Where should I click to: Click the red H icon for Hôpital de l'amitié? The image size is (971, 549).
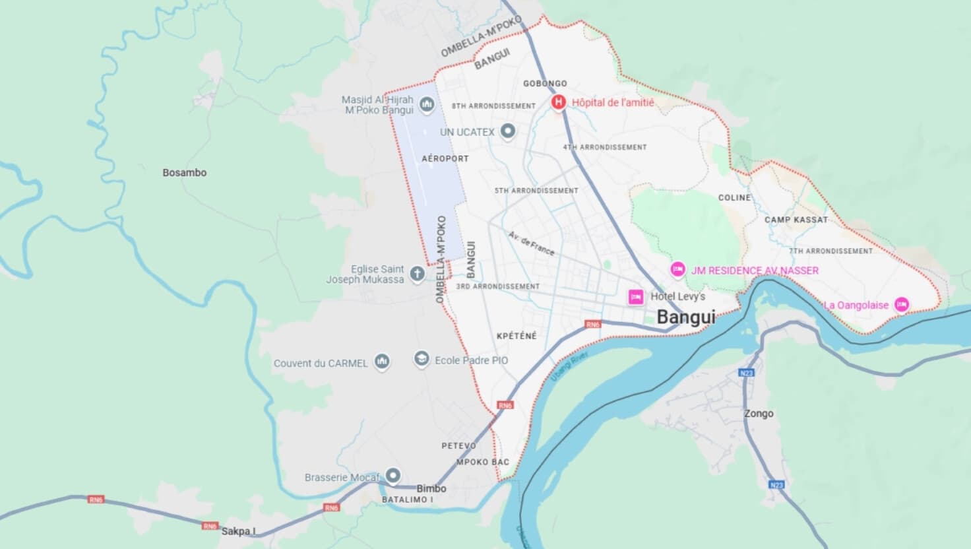[559, 103]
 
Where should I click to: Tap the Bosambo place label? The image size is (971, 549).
[185, 173]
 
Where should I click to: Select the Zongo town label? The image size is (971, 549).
[759, 414]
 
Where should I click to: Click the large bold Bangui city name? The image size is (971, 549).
[686, 317]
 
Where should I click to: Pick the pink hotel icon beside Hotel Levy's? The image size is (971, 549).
[636, 297]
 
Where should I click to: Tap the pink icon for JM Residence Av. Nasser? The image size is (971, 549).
[677, 270]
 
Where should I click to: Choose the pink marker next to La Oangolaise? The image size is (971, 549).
[902, 305]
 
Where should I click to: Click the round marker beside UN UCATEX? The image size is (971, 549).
[507, 132]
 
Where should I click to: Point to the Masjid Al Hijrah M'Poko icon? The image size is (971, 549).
[427, 104]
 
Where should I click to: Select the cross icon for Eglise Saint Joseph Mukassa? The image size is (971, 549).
[416, 274]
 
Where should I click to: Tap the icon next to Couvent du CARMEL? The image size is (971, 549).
[381, 362]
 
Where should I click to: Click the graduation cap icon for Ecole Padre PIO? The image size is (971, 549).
[421, 359]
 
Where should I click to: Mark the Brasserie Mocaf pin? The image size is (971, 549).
[393, 476]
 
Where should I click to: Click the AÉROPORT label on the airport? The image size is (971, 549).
[445, 159]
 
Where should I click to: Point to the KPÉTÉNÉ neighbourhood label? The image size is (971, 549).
[517, 336]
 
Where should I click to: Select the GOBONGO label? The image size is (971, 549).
[545, 84]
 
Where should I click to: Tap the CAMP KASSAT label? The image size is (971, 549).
[796, 220]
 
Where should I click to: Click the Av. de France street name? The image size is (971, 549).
[532, 243]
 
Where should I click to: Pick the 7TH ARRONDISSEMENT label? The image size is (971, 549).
[830, 251]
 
